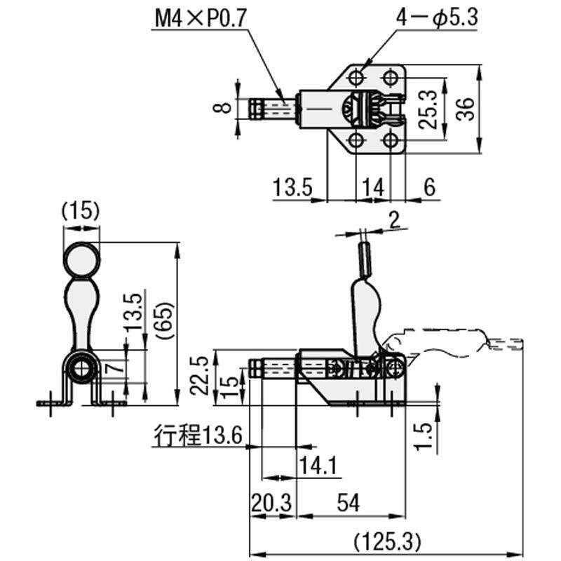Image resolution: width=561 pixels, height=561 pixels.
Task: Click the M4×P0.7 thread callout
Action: pyautogui.click(x=201, y=18)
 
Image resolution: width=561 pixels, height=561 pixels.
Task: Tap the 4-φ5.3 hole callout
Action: pyautogui.click(x=437, y=17)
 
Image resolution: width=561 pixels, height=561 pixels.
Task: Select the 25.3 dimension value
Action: pyautogui.click(x=428, y=109)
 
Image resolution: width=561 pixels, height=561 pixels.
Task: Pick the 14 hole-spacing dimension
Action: pyautogui.click(x=373, y=187)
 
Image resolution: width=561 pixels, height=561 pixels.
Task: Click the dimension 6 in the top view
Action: pyautogui.click(x=429, y=187)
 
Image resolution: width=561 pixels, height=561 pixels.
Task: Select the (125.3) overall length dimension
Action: pyautogui.click(x=386, y=541)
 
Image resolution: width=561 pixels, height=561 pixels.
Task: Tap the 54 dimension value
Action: pyautogui.click(x=348, y=503)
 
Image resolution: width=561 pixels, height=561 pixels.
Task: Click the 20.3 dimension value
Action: pyautogui.click(x=271, y=503)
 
